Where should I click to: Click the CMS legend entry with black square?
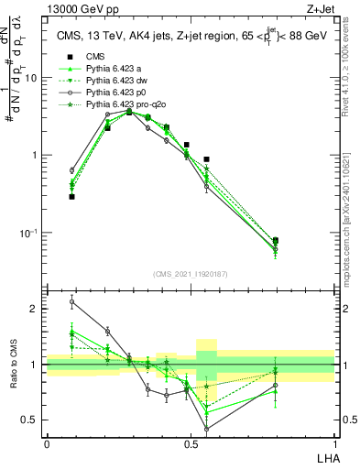(95, 56)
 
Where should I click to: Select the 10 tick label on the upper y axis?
(30, 78)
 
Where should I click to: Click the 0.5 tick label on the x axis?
(190, 442)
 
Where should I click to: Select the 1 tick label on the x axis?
(334, 442)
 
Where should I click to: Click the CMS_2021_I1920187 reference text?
(190, 274)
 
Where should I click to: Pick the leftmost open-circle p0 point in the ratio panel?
(71, 301)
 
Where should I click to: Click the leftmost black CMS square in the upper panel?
(71, 196)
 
